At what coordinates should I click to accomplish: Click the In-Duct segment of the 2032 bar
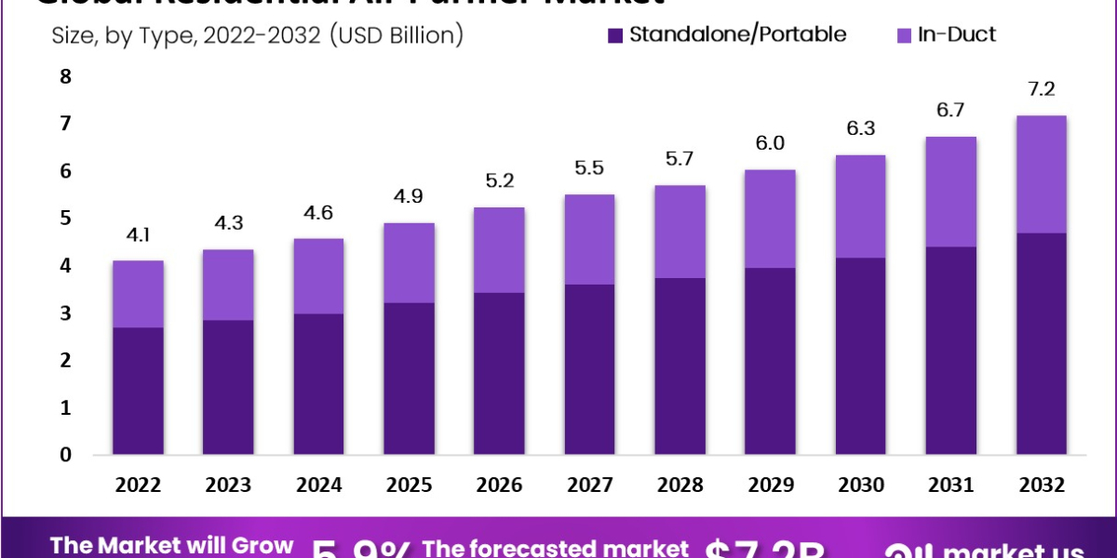tap(1040, 174)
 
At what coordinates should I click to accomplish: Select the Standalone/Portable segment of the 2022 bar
tap(138, 391)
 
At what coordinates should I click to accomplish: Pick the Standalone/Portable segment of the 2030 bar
tap(859, 356)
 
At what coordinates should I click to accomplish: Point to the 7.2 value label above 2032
tap(1040, 89)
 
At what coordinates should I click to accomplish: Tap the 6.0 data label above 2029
tap(769, 143)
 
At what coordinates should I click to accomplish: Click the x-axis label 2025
tap(409, 485)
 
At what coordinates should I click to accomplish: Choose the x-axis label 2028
tap(679, 485)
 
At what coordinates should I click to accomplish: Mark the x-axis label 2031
tap(949, 485)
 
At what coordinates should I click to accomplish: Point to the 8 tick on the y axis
tap(65, 77)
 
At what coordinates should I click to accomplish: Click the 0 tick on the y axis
tap(65, 455)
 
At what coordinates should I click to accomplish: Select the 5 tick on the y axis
tap(65, 219)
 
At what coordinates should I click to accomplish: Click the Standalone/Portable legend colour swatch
tap(615, 35)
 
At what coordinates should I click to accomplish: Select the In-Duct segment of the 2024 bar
tap(318, 276)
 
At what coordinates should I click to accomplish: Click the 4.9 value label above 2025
tap(409, 196)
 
